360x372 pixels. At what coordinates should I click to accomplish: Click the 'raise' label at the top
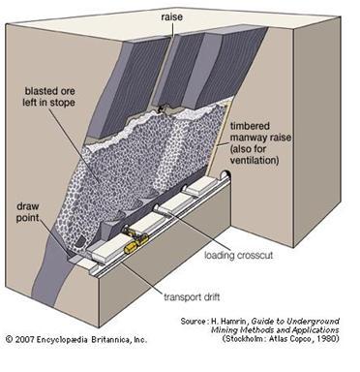click(x=171, y=16)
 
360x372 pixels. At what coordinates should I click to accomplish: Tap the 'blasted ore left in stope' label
click(x=48, y=97)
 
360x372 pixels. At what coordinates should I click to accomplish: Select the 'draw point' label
click(x=28, y=212)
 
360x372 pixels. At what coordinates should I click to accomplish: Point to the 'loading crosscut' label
click(x=239, y=255)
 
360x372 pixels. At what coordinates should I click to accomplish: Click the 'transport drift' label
click(x=192, y=296)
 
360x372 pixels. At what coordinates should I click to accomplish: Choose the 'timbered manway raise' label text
click(x=260, y=132)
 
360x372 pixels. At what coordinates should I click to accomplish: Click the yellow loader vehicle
click(x=135, y=239)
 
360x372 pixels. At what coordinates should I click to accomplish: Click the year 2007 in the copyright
click(x=24, y=340)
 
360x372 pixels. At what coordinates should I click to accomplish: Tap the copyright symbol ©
click(x=10, y=340)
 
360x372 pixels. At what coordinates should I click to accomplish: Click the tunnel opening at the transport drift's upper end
click(x=225, y=174)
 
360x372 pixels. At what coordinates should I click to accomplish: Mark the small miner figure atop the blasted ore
click(x=159, y=109)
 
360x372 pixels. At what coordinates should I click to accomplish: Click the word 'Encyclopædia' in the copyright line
click(x=62, y=340)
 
